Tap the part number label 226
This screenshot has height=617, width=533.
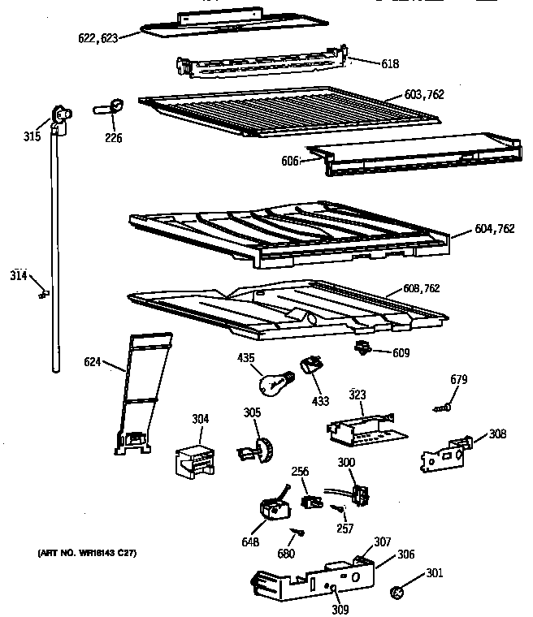point(114,138)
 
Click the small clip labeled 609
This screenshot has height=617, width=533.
point(363,348)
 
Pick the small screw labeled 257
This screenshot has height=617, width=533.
point(338,509)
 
